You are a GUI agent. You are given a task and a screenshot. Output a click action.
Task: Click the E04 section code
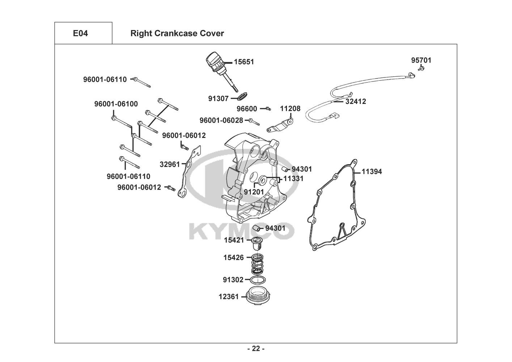coord(80,33)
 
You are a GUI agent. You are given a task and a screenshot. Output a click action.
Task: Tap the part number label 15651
coord(244,62)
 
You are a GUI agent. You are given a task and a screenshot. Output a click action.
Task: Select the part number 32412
coord(356,101)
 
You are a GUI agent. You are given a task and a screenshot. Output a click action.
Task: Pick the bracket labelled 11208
coord(280,125)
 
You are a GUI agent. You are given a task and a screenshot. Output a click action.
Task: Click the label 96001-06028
coord(221,120)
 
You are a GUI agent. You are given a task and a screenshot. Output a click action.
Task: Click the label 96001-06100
coord(116,104)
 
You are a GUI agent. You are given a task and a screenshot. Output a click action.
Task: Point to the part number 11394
coord(372,172)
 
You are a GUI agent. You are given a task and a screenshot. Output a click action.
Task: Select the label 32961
coord(170,164)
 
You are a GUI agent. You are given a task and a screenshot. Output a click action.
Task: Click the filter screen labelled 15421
coord(258,244)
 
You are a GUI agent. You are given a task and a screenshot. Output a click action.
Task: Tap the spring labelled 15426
coord(257,264)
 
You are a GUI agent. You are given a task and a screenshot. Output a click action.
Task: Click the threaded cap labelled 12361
coord(258,296)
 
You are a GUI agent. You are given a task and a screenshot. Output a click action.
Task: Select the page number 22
coord(256,349)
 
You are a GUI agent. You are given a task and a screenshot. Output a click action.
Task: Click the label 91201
coord(254,192)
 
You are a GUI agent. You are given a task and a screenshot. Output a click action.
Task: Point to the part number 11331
coord(293,178)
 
